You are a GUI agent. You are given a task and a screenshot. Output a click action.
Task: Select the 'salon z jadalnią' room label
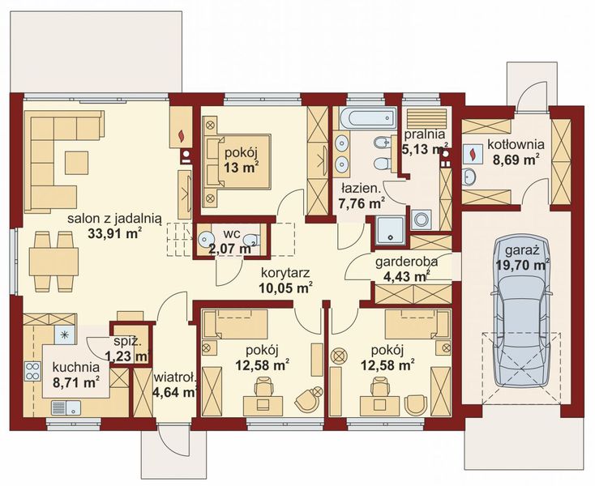click(x=114, y=219)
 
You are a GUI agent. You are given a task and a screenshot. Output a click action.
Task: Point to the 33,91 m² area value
click(x=115, y=233)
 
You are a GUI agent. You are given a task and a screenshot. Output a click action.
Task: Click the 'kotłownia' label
click(x=516, y=144)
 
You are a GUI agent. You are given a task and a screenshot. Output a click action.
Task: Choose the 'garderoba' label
click(x=406, y=262)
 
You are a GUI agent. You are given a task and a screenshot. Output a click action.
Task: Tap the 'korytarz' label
click(x=285, y=273)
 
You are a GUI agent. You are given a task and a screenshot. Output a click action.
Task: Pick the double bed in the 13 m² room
click(x=237, y=162)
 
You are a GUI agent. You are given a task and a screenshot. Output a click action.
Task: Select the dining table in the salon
click(x=54, y=262)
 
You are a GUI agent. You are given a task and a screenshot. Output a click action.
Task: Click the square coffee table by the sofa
click(x=76, y=163)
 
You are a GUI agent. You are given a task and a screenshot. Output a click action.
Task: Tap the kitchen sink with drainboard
click(x=66, y=408)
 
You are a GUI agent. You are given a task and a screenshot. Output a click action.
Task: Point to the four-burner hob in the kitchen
click(x=32, y=371)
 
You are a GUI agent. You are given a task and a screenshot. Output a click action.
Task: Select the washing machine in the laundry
click(x=422, y=220)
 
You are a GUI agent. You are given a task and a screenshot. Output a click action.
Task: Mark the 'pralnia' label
click(x=424, y=134)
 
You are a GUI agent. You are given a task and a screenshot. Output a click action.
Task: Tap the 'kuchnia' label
click(x=76, y=367)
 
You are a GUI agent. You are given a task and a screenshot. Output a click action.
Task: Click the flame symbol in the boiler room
click(x=473, y=153)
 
